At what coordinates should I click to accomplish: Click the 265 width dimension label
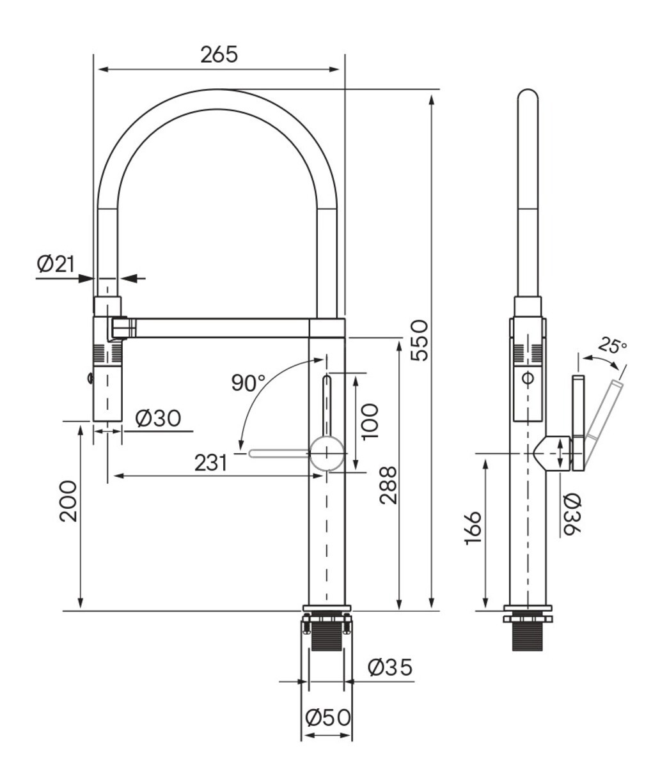(x=219, y=55)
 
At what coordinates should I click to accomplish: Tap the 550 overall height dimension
(x=420, y=341)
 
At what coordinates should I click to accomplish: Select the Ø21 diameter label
(x=56, y=264)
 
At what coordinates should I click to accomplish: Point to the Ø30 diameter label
(x=158, y=418)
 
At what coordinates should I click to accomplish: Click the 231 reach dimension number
(x=210, y=463)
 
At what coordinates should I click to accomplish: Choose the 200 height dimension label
(x=68, y=502)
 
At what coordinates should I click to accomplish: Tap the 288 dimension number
(x=388, y=485)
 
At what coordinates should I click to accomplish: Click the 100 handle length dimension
(x=370, y=422)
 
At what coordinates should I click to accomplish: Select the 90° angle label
(x=249, y=383)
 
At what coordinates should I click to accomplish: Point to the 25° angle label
(x=613, y=345)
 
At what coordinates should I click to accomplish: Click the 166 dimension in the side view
(x=473, y=529)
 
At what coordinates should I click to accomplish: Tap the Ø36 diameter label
(x=572, y=515)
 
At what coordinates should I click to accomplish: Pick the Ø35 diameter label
(x=389, y=667)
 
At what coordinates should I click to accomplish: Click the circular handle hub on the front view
(x=327, y=453)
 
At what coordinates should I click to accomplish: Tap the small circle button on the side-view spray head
(x=528, y=379)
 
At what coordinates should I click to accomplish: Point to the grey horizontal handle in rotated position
(x=279, y=453)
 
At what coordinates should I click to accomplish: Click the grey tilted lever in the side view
(x=603, y=424)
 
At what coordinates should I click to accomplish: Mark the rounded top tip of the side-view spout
(x=528, y=90)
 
